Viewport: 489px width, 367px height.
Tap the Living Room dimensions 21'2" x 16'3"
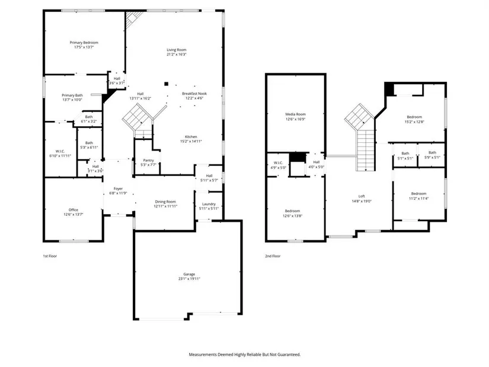pos(177,55)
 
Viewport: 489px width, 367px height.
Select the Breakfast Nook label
pos(194,94)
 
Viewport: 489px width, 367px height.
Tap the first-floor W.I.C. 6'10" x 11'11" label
pos(60,154)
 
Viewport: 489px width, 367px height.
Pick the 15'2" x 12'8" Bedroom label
pos(414,119)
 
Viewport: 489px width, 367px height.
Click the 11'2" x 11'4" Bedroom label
pos(418,196)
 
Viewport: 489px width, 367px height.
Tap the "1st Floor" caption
pos(50,256)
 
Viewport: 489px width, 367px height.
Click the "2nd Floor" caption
pos(273,256)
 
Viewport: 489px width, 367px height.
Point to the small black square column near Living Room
pos(166,84)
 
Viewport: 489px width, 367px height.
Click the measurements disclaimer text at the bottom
pos(245,355)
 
